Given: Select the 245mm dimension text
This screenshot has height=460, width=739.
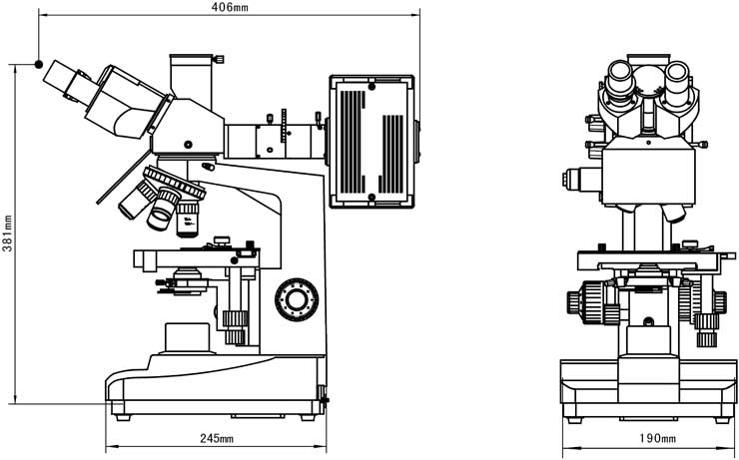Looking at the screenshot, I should pos(217,438).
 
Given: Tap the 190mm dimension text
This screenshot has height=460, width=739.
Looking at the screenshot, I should pos(656,438).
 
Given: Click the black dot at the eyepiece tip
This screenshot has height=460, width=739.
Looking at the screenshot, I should pos(38,65).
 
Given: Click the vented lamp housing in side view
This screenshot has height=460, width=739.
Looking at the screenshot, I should pos(370,141).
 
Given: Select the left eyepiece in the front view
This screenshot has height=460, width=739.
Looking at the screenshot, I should pos(620,75).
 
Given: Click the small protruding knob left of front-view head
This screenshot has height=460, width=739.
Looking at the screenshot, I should pos(572,179).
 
